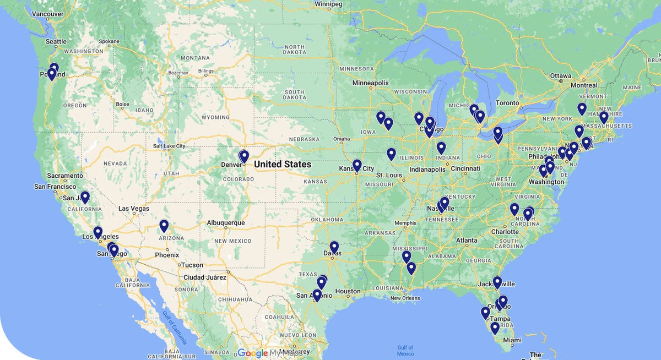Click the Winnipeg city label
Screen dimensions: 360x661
(328, 4)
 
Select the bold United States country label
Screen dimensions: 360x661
(283, 164)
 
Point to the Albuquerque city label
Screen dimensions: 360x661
(226, 223)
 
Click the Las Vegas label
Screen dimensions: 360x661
(134, 209)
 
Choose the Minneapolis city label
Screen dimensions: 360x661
(371, 83)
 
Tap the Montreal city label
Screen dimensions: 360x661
(583, 85)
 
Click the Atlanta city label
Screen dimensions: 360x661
(466, 241)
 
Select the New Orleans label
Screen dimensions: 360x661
(405, 298)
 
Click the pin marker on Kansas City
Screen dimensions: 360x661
(357, 165)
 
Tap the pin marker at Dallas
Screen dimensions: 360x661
(334, 247)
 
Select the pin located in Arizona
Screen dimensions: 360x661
(164, 225)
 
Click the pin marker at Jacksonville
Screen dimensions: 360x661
(497, 282)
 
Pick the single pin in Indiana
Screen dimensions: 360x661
(441, 147)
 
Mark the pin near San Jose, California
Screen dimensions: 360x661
(85, 197)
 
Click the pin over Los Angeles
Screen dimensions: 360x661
(97, 232)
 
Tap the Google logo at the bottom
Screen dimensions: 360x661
(252, 353)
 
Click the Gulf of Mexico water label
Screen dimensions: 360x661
(405, 350)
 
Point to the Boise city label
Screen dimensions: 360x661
(122, 104)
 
